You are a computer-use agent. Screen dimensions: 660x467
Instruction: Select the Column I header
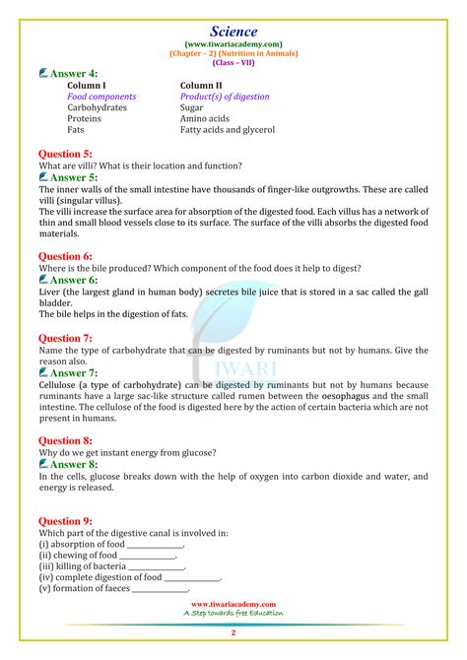pos(87,86)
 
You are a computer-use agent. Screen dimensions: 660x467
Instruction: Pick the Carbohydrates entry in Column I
pos(97,107)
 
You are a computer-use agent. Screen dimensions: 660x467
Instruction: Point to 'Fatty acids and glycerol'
pos(228,129)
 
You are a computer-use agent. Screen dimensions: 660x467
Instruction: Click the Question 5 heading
pos(65,154)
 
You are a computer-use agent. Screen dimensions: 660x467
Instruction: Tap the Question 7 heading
pos(65,338)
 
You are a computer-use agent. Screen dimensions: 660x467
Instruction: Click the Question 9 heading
pos(65,520)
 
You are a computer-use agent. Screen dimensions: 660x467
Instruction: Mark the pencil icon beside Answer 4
pos(44,74)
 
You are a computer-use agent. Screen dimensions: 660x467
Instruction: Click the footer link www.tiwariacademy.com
pos(233,604)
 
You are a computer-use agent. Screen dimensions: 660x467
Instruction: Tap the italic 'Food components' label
pos(101,97)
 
